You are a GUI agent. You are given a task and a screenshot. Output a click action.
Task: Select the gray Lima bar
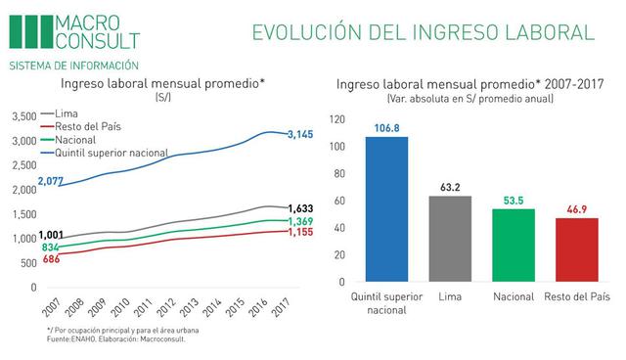click(451, 239)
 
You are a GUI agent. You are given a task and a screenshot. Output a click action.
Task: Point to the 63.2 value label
click(451, 187)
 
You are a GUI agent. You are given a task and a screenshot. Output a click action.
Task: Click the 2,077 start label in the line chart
click(51, 182)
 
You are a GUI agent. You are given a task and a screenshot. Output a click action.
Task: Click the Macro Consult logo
click(74, 31)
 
